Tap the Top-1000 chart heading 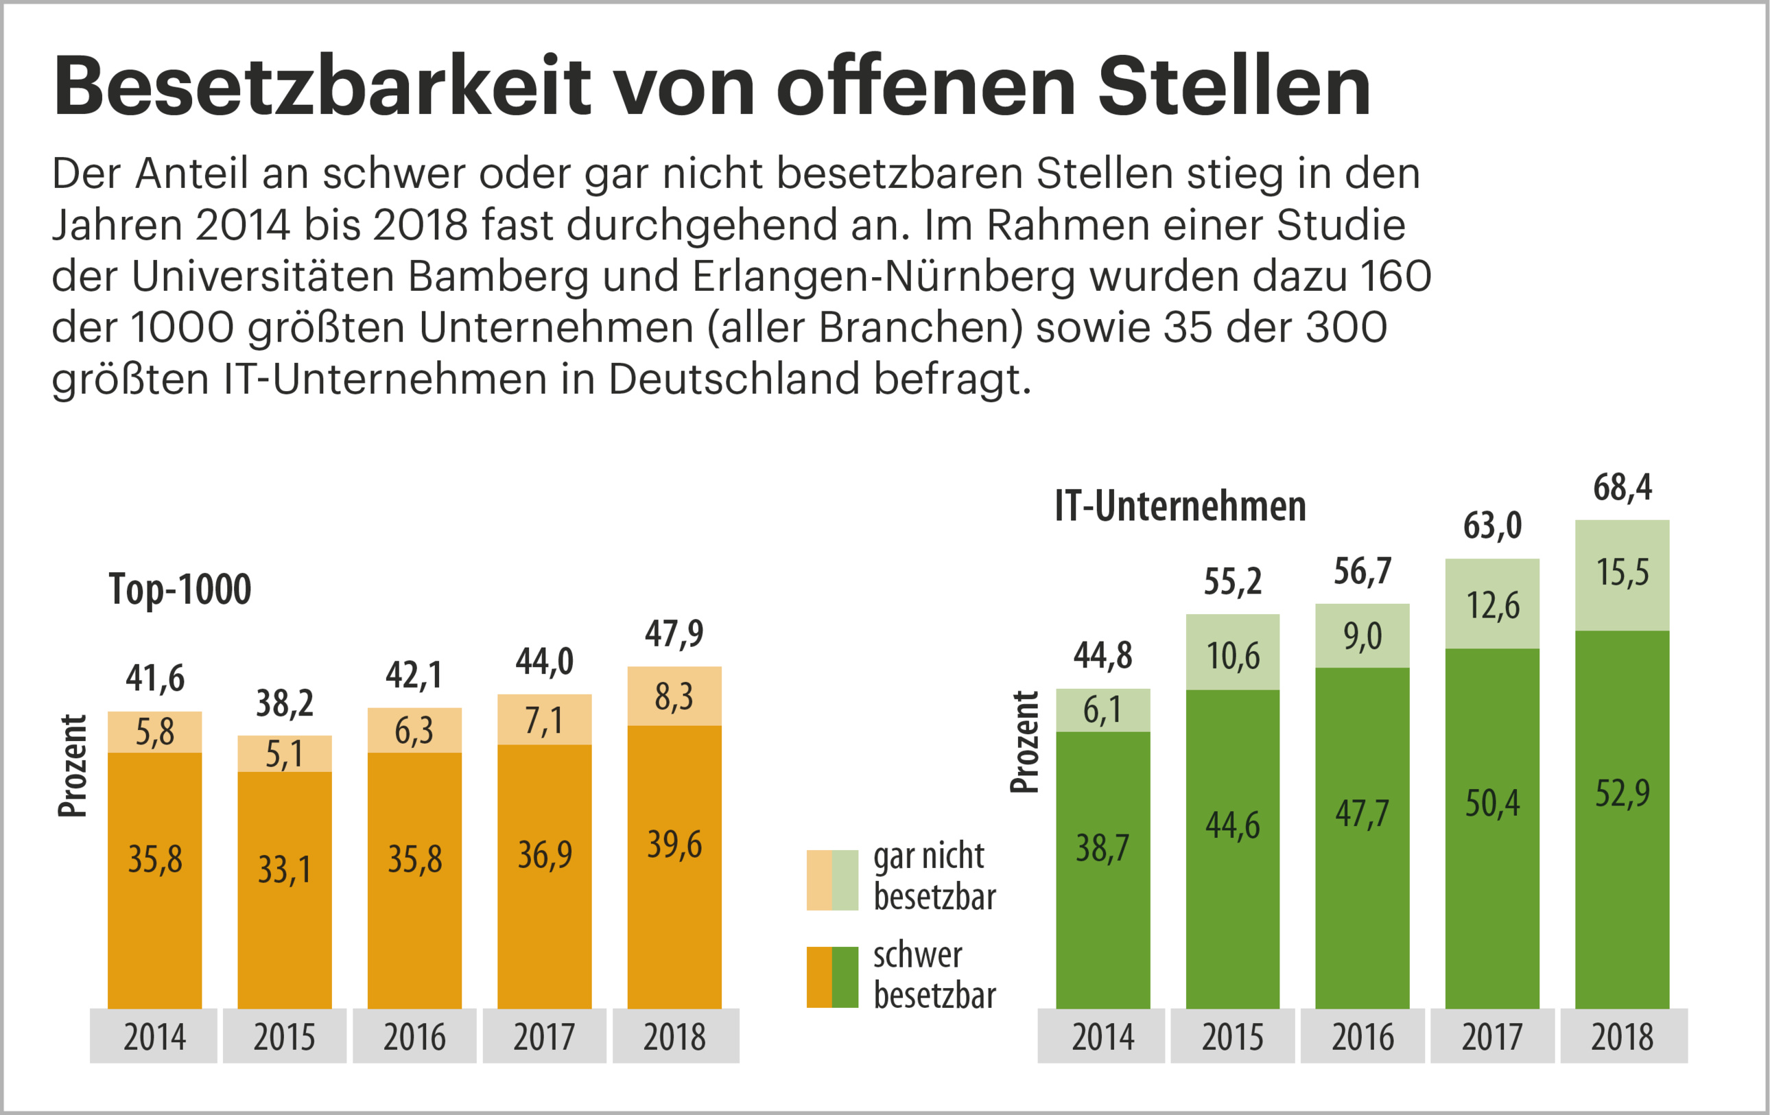click(180, 589)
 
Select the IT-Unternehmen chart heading click(1180, 506)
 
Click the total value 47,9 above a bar click(674, 633)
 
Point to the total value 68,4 click(1622, 487)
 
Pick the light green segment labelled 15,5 click(1622, 574)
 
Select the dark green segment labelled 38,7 click(1102, 867)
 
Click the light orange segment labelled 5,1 click(285, 754)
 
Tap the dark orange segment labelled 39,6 click(674, 867)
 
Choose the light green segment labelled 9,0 click(1362, 637)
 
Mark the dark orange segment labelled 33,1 click(285, 889)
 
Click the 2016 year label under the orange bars click(414, 1037)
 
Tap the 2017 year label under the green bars click(1492, 1037)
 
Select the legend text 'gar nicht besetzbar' click(934, 877)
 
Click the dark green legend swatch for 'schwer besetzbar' click(845, 977)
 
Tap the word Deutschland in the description click(733, 380)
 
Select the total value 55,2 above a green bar click(1233, 582)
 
